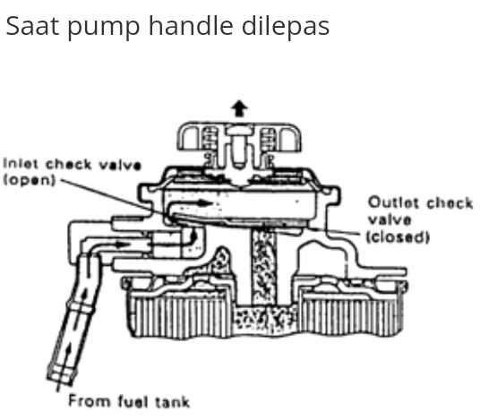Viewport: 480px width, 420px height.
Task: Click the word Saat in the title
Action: tap(32, 26)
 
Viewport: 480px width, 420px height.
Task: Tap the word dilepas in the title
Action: tap(286, 25)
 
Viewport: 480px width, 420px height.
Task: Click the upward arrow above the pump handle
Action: tap(239, 108)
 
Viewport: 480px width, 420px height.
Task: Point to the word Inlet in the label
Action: tap(21, 164)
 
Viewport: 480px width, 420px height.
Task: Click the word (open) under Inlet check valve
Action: tap(29, 180)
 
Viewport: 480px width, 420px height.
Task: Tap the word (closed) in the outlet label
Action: tap(398, 236)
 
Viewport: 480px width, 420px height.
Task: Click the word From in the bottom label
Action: tap(89, 400)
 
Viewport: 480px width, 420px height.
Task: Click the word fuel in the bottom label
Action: tap(133, 401)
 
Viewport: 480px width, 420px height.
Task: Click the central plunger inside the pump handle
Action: tap(239, 147)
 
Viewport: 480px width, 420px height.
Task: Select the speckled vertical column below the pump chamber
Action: tap(264, 268)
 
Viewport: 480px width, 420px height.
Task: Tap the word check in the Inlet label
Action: tap(69, 165)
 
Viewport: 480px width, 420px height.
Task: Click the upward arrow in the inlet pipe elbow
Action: tap(193, 236)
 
